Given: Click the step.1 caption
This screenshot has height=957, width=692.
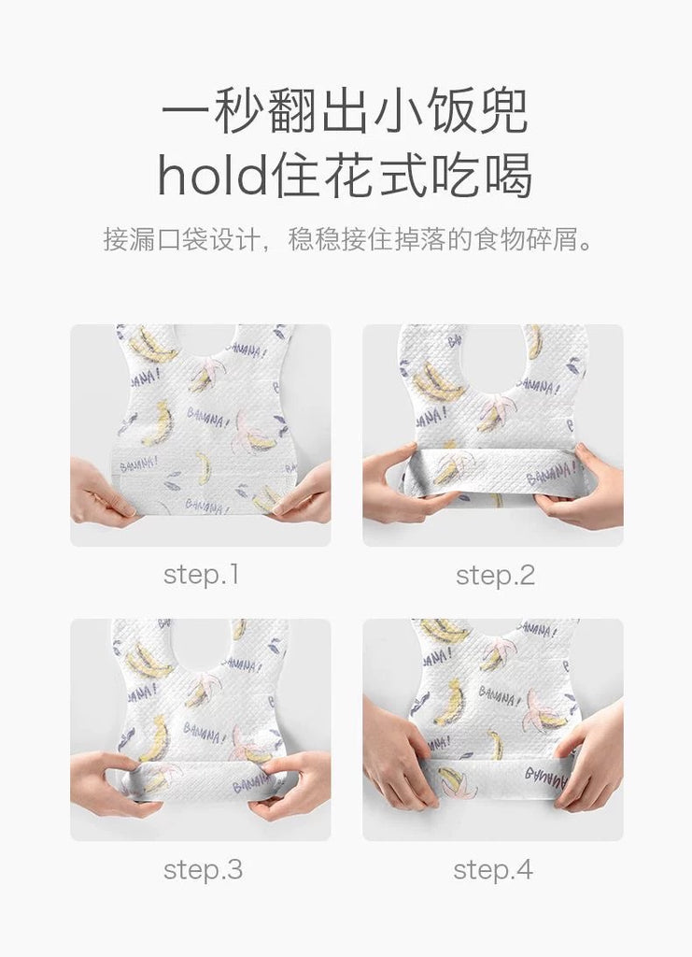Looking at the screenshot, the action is (x=201, y=575).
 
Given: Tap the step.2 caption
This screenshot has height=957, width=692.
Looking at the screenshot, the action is (x=495, y=575).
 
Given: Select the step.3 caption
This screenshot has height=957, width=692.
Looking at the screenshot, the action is (x=203, y=870).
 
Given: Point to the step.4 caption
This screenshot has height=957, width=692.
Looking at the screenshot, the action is (x=493, y=870).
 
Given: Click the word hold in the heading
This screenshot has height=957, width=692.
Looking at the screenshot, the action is (x=213, y=175).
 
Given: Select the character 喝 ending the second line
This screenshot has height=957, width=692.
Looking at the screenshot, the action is (x=508, y=175).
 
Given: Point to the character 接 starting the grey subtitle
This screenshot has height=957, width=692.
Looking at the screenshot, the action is (x=115, y=238).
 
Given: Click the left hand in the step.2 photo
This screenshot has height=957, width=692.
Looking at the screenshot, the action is (x=402, y=485).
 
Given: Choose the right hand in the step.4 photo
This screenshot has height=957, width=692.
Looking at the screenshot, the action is (x=586, y=757).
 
